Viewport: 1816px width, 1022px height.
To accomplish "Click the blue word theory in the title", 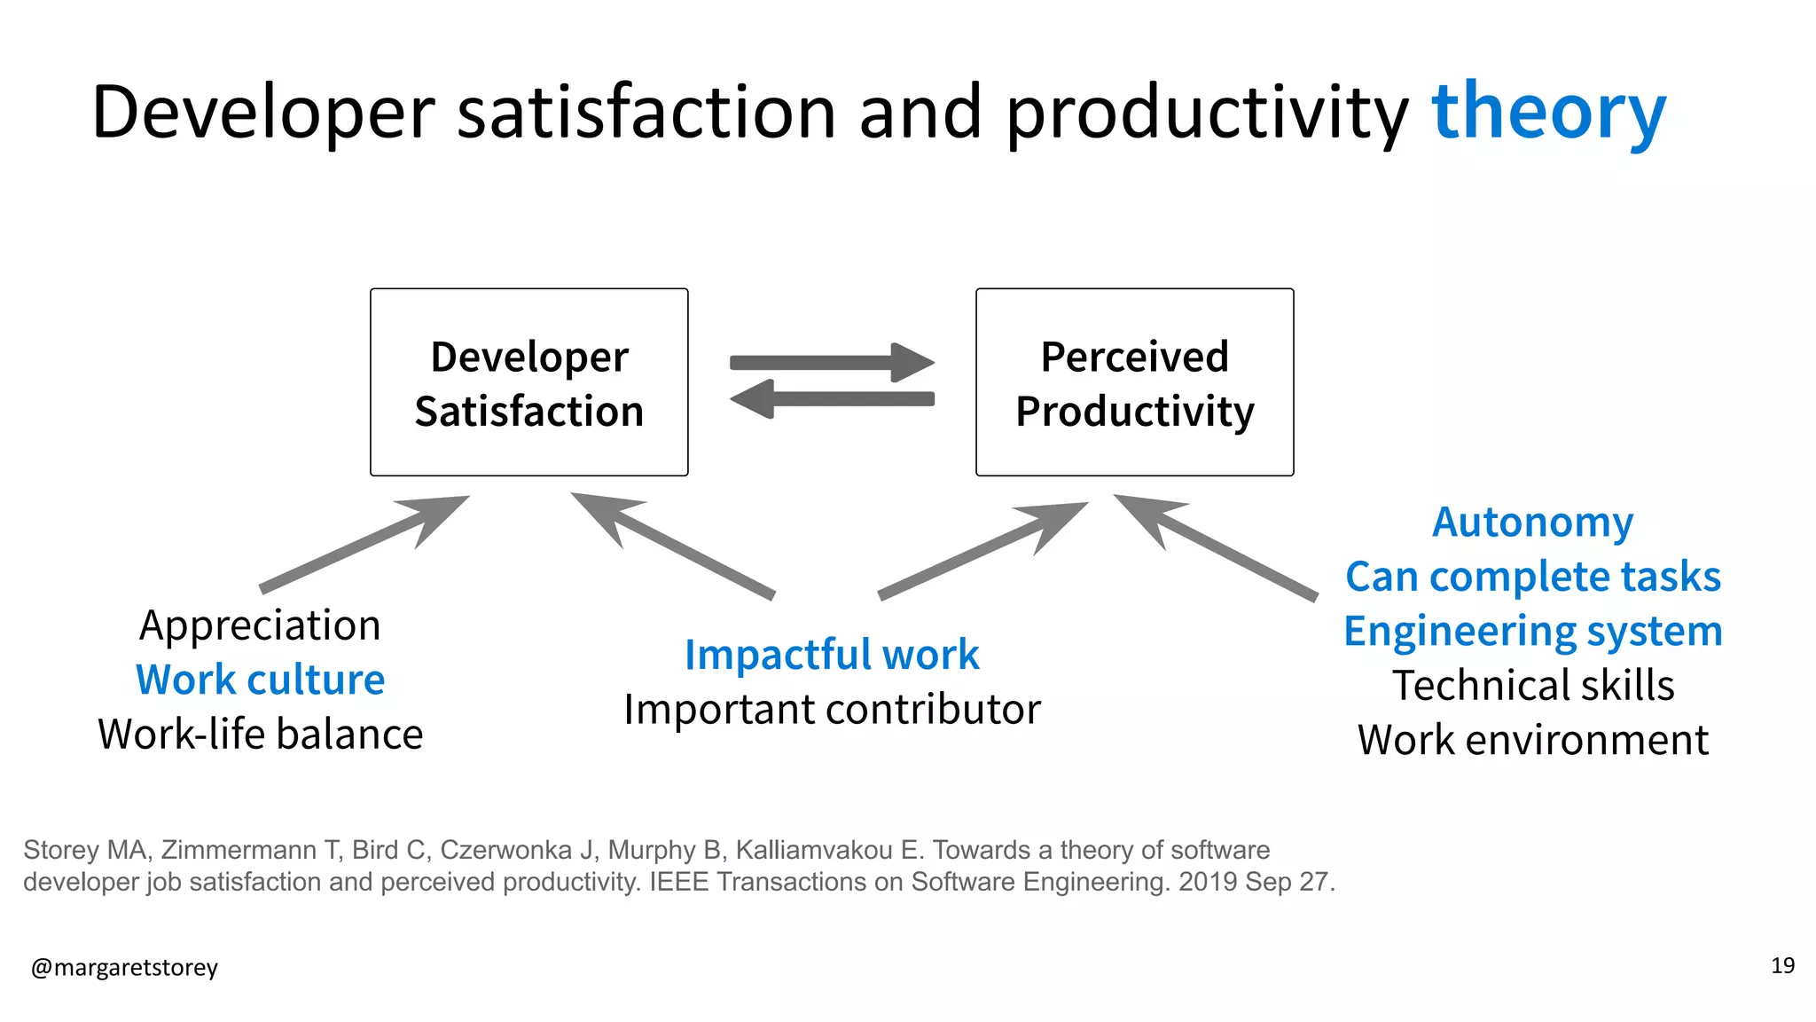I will [1548, 113].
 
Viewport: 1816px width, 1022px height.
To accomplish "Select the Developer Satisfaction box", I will [529, 382].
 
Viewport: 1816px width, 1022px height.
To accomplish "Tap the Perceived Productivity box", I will [1134, 382].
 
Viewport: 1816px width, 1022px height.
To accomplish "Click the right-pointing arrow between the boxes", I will [831, 362].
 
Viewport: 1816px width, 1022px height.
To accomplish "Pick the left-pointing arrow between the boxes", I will [831, 399].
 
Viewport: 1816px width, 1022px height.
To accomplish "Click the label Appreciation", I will [260, 625].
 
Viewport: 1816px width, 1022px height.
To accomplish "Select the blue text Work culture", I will [260, 680].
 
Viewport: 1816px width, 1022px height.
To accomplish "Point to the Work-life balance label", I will [260, 735].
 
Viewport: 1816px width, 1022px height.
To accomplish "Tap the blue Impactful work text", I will [831, 655].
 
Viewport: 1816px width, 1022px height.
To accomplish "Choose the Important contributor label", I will [831, 710].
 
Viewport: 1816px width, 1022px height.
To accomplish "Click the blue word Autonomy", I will [1532, 522].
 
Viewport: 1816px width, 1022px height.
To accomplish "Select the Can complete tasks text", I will [1532, 577].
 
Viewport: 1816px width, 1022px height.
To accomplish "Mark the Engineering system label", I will [1532, 631].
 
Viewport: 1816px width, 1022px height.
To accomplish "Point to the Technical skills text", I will [1532, 686].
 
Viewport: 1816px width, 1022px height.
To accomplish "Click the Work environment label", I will [1532, 740].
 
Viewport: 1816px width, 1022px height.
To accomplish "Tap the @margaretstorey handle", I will [124, 967].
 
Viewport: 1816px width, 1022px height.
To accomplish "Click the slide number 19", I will [1782, 965].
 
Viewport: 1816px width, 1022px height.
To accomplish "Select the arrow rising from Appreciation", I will [364, 543].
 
